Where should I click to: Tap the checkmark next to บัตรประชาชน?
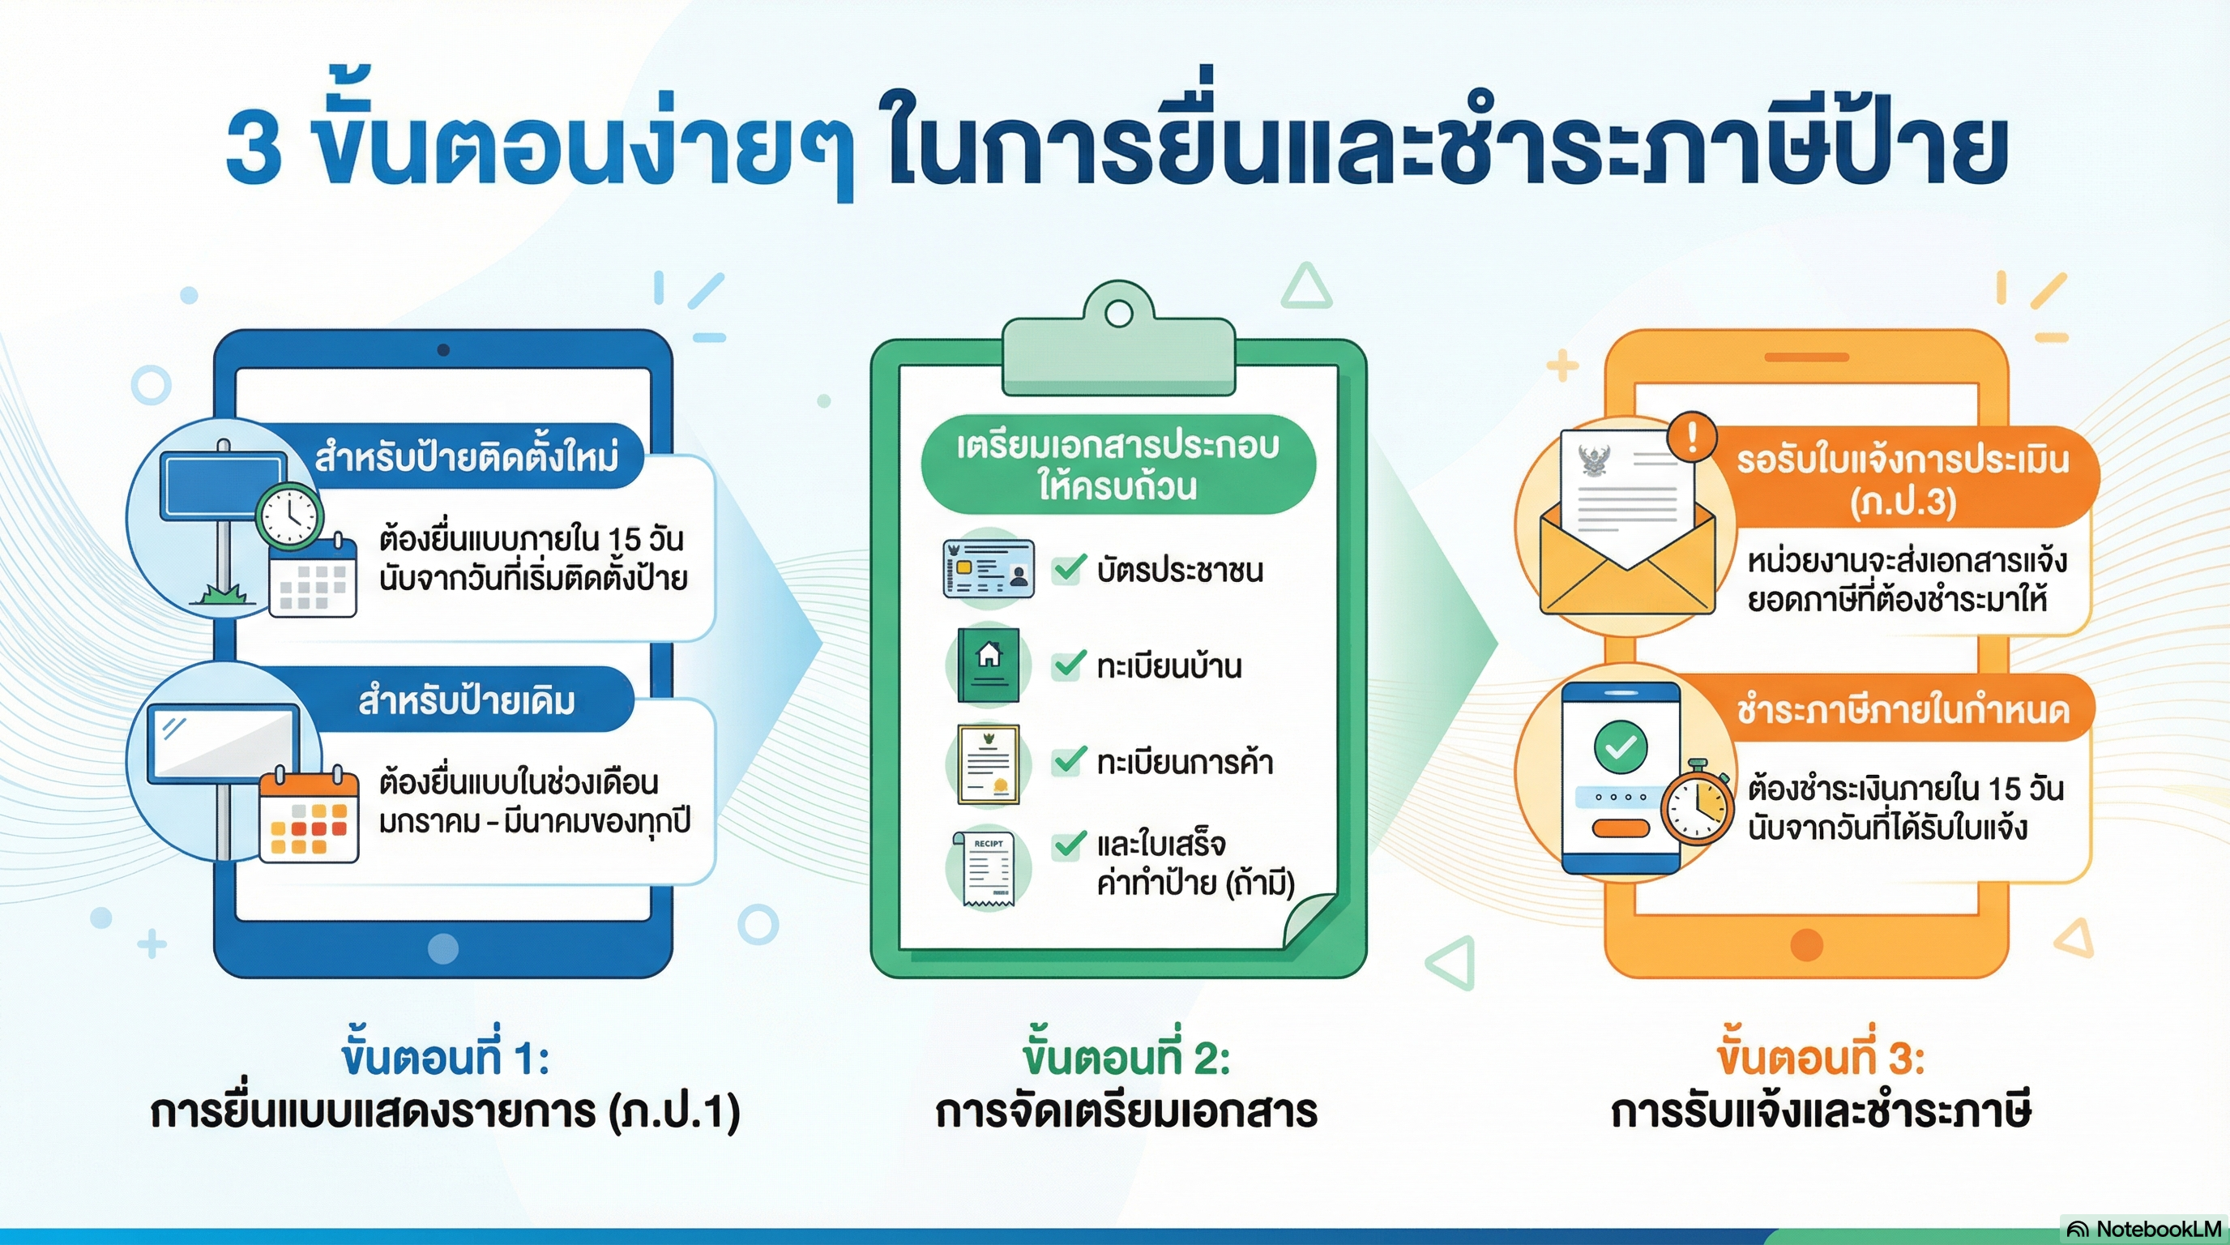[1069, 568]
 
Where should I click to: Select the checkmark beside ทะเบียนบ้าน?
[1069, 664]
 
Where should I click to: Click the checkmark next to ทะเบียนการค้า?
[1069, 760]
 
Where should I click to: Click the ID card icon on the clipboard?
[989, 568]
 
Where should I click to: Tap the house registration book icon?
[989, 664]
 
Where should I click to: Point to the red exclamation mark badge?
[1692, 435]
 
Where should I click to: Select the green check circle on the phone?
[1621, 747]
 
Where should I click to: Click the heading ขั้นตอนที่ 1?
[445, 1058]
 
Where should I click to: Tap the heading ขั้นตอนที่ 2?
[1126, 1058]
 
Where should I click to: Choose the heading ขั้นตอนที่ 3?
[1821, 1058]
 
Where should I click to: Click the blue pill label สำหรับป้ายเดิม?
[468, 700]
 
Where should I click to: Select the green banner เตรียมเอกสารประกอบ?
[1117, 465]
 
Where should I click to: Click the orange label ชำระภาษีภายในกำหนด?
[1903, 709]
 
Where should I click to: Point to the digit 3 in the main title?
[254, 148]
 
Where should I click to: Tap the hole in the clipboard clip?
[1118, 314]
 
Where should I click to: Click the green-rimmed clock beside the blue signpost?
[289, 516]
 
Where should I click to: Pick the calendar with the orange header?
[309, 815]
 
